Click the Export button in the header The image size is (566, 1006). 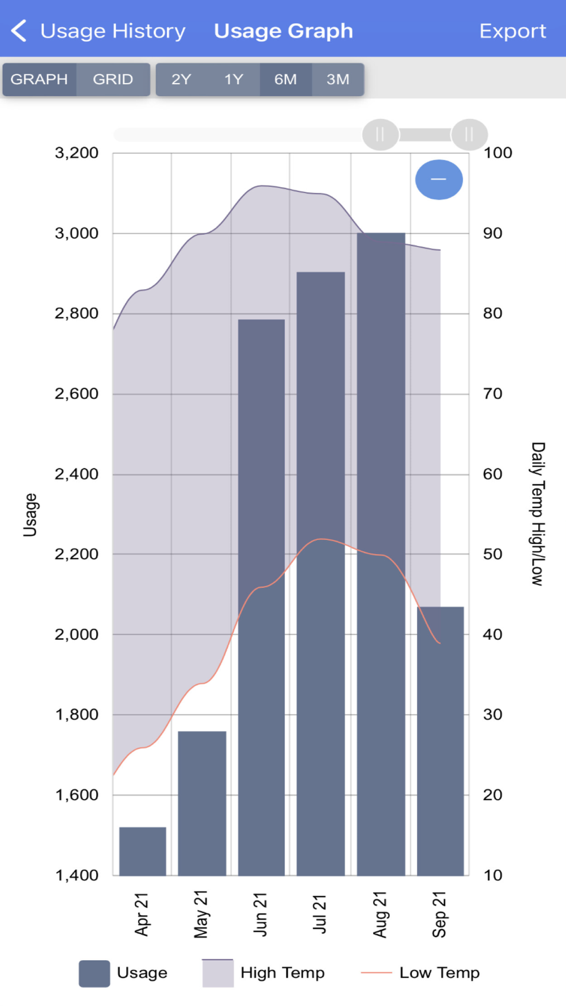coord(512,31)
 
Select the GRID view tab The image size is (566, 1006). coord(113,79)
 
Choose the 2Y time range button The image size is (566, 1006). coord(181,79)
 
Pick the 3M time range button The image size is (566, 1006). coord(338,79)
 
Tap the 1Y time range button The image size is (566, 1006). coord(233,79)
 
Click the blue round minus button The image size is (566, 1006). coord(439,179)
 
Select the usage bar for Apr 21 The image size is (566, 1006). coord(143,851)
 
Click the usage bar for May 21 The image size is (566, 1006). coord(202,803)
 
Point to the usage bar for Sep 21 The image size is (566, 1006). coord(440,741)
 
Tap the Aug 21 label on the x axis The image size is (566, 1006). coord(380,914)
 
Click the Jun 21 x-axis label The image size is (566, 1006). coord(260,914)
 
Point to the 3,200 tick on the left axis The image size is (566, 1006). coord(76,153)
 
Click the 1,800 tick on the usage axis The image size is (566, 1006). coord(76,715)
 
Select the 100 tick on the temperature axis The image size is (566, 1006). coord(498,153)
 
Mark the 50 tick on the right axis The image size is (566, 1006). coord(492,554)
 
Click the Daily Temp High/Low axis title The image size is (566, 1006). coord(538,513)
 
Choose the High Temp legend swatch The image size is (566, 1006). coord(218,973)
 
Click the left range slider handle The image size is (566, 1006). coord(380,135)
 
